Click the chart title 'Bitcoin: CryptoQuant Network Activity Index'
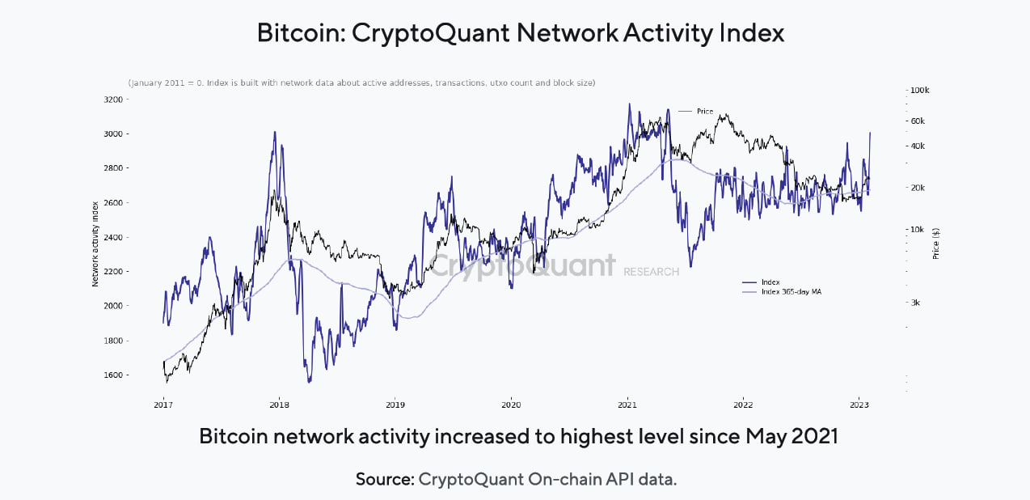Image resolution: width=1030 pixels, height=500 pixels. pos(520,33)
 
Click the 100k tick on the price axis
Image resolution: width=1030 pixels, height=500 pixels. pos(920,91)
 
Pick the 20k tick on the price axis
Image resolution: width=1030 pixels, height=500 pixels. pos(918,188)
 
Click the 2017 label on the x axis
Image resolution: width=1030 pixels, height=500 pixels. pos(163,404)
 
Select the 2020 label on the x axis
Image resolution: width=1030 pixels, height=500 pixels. pos(511,404)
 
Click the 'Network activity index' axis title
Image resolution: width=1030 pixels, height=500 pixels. pos(95,244)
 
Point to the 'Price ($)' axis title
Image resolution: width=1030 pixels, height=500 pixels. pos(935,243)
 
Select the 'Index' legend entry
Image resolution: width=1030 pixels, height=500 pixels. pos(770,282)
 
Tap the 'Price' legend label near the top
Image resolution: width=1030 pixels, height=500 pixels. pos(704,111)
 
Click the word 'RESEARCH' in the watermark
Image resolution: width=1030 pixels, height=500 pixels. pos(651,272)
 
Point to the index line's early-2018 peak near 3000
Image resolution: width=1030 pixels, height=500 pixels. pos(275,132)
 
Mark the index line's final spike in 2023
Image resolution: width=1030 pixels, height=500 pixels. pos(870,133)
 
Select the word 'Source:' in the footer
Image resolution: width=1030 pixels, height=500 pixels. pos(385,479)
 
